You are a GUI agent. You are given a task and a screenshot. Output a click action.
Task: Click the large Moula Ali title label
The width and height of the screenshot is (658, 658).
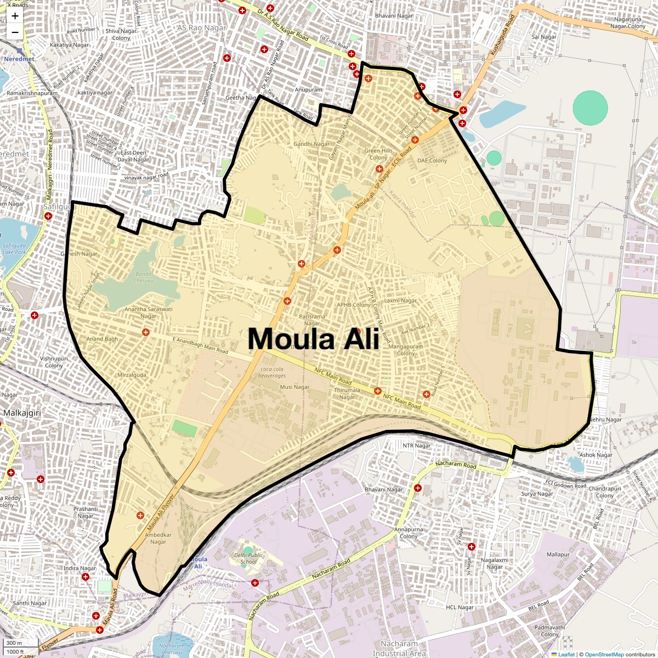click(x=313, y=338)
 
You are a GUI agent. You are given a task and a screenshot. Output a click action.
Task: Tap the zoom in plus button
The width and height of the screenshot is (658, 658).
click(x=15, y=16)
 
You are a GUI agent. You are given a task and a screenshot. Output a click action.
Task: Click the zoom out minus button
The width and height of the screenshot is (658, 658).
click(x=15, y=32)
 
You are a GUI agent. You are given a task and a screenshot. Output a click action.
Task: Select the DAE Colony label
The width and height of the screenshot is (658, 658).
click(x=432, y=161)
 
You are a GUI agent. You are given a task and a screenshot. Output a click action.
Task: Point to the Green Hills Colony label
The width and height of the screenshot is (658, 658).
click(x=378, y=154)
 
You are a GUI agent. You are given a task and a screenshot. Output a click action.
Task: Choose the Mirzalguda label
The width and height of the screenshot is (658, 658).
click(x=132, y=375)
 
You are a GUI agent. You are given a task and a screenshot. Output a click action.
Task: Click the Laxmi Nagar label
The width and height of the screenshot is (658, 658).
click(x=400, y=300)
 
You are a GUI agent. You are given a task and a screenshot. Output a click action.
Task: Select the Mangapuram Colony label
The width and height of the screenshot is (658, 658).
click(x=406, y=350)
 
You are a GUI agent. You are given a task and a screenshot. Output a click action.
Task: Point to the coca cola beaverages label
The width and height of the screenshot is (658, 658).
click(x=274, y=372)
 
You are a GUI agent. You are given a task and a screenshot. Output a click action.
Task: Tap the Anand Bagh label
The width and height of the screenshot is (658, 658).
click(x=102, y=339)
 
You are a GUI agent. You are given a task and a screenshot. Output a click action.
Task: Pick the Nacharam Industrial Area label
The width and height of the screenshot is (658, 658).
click(x=399, y=649)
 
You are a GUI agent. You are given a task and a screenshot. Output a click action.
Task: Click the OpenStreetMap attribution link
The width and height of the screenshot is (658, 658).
click(x=604, y=654)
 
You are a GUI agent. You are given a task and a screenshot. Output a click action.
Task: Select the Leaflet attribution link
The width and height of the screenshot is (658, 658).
click(x=566, y=654)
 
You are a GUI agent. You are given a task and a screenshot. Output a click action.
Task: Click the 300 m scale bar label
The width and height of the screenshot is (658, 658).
click(x=14, y=643)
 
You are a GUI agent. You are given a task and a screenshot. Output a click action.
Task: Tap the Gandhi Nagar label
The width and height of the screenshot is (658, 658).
click(x=311, y=144)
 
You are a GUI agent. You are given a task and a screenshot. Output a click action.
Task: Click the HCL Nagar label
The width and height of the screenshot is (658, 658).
click(x=460, y=608)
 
